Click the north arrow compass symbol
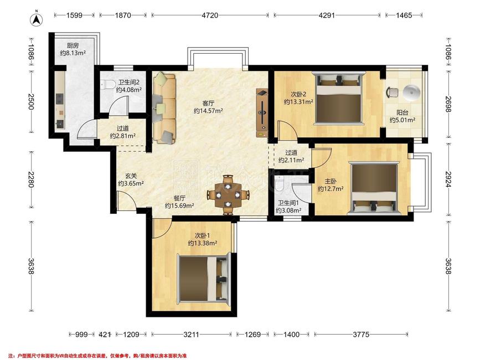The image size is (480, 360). tap(37, 18)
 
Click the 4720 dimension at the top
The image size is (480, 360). tap(210, 15)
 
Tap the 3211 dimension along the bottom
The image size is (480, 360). tap(192, 335)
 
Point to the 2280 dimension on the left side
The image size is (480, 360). tap(31, 179)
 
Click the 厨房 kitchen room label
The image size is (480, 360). tap(73, 45)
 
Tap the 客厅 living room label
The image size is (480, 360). tap(208, 104)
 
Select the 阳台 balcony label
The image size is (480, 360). tap(402, 112)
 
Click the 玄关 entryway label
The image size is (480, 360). tap(131, 176)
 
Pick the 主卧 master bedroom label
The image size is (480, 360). tap(331, 181)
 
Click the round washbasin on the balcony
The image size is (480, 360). tap(411, 92)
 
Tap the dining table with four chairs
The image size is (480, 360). tap(228, 195)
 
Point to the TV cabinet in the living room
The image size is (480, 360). tap(262, 113)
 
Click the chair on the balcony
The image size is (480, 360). tap(393, 92)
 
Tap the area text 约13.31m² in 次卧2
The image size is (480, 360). tap(298, 102)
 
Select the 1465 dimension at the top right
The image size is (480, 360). tap(404, 15)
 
